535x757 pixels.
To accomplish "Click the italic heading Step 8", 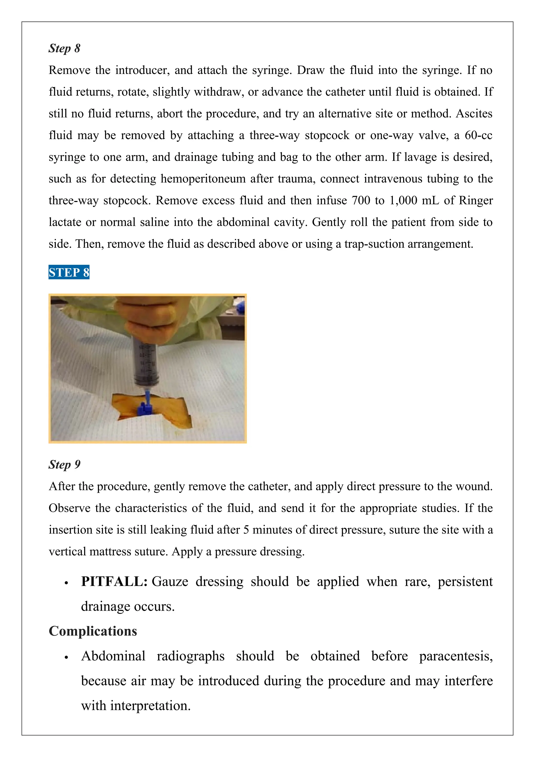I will coord(64,48).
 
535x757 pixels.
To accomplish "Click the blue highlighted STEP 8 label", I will coord(69,272).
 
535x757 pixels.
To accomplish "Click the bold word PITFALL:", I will coord(114,581).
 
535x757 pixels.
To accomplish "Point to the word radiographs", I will coord(190,656).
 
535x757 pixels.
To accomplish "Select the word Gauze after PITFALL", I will coord(170,581).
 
